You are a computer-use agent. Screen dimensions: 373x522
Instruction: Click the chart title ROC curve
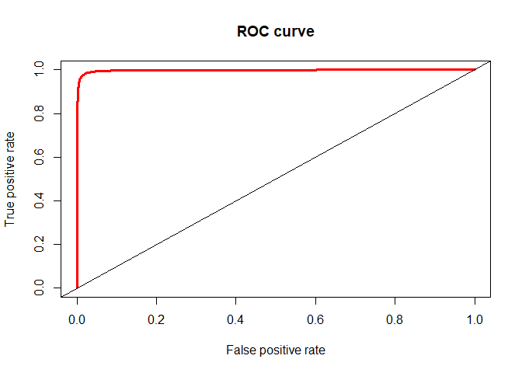click(x=276, y=32)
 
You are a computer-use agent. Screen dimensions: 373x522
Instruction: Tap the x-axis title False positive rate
click(x=276, y=350)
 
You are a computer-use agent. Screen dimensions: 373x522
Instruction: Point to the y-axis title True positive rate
click(x=10, y=179)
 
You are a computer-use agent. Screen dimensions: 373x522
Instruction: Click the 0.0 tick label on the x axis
click(x=77, y=319)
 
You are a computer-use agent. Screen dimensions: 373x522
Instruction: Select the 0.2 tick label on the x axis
click(x=156, y=319)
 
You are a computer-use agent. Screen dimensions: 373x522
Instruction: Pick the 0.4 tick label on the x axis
click(x=236, y=319)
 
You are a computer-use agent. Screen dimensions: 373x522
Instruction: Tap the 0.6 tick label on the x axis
click(x=315, y=319)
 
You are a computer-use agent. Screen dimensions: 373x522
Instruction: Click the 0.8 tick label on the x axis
click(x=395, y=319)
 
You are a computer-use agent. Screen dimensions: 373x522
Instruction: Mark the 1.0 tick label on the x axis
click(x=475, y=319)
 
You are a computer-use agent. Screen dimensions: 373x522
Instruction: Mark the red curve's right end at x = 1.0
click(x=475, y=70)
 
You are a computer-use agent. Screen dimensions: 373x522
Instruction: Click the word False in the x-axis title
click(x=239, y=350)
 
